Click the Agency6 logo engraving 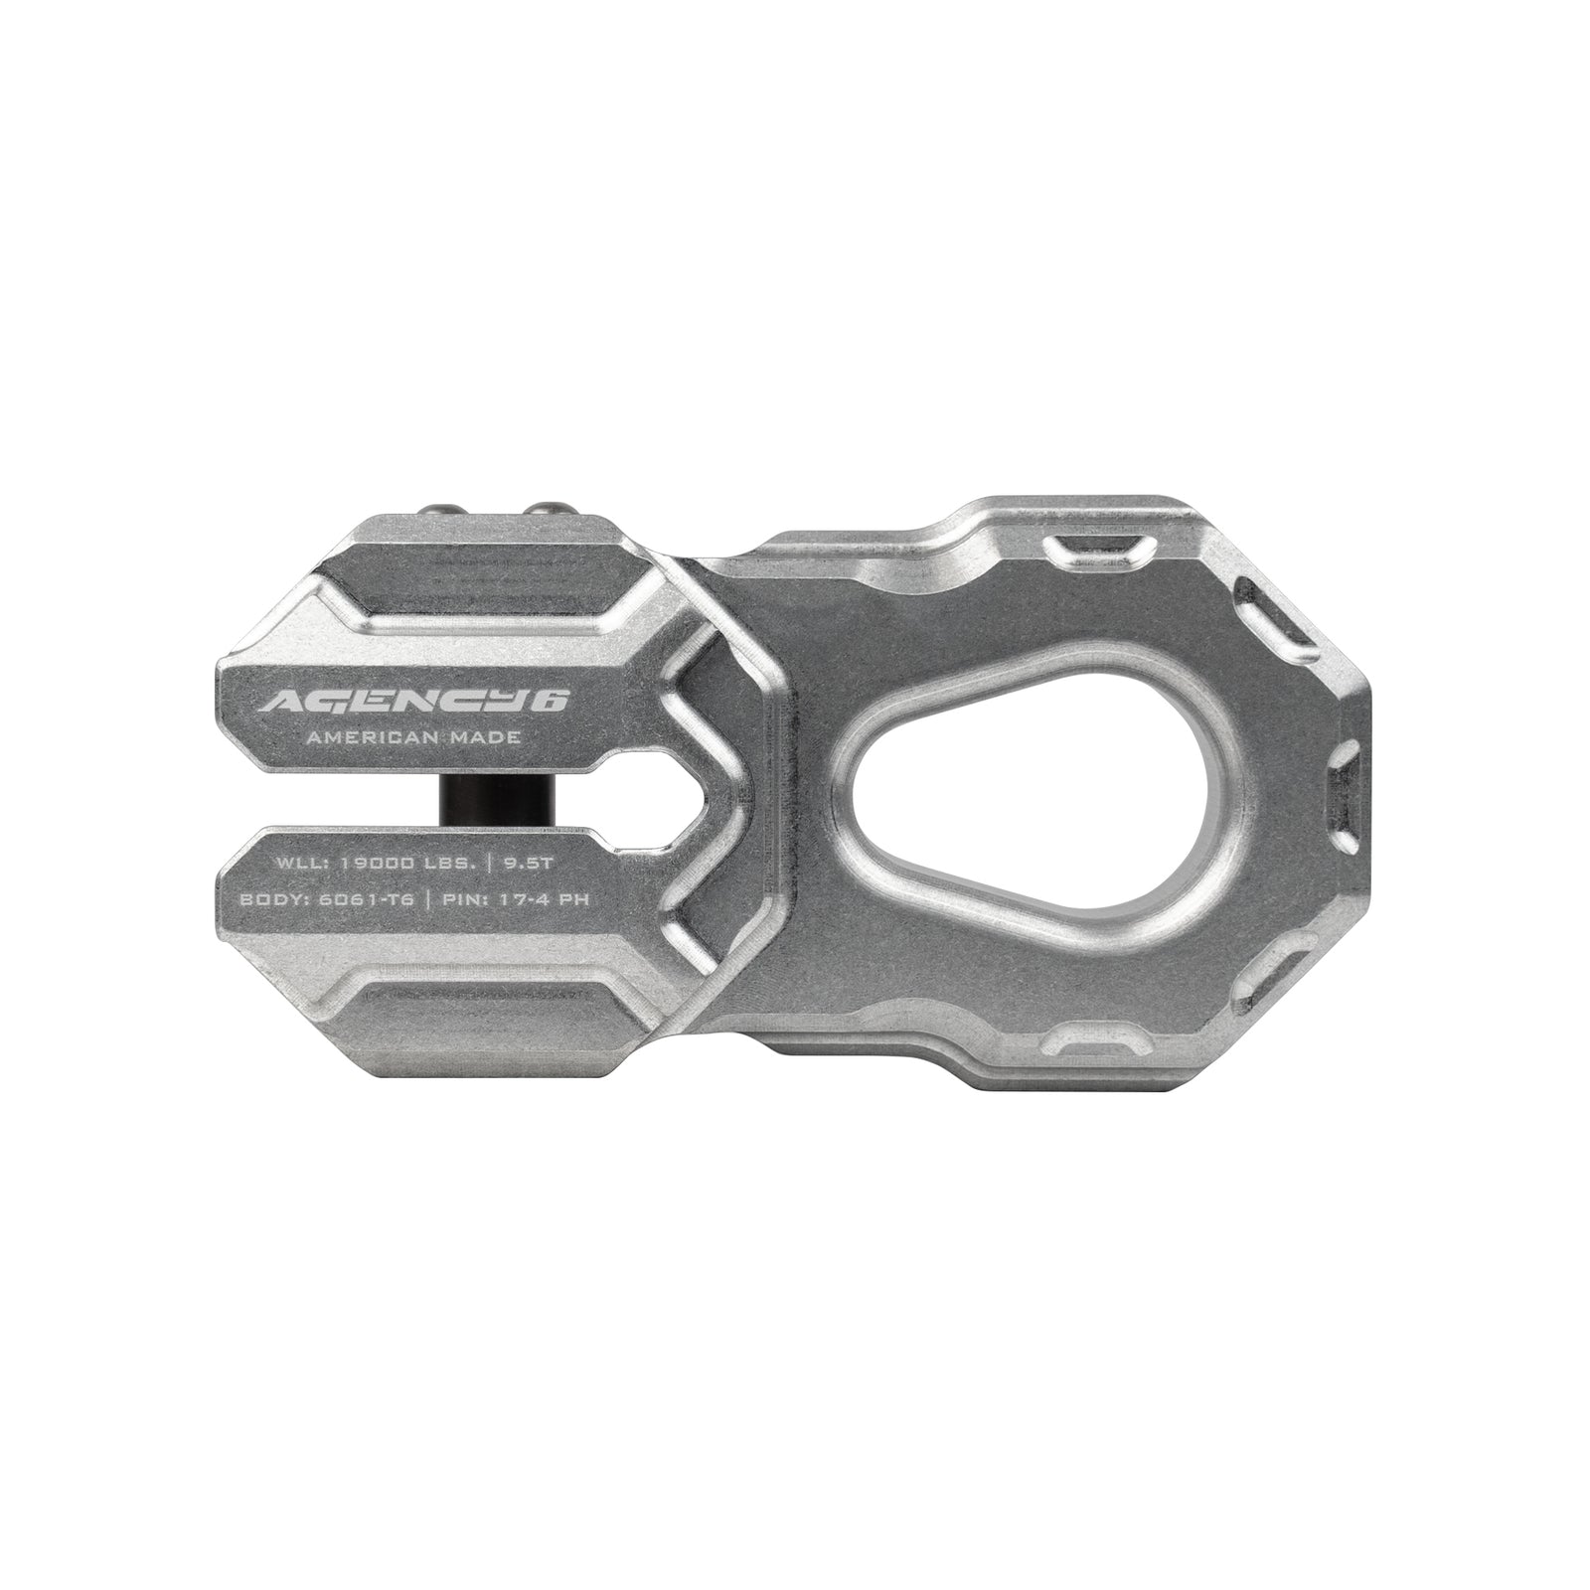[412, 702]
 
